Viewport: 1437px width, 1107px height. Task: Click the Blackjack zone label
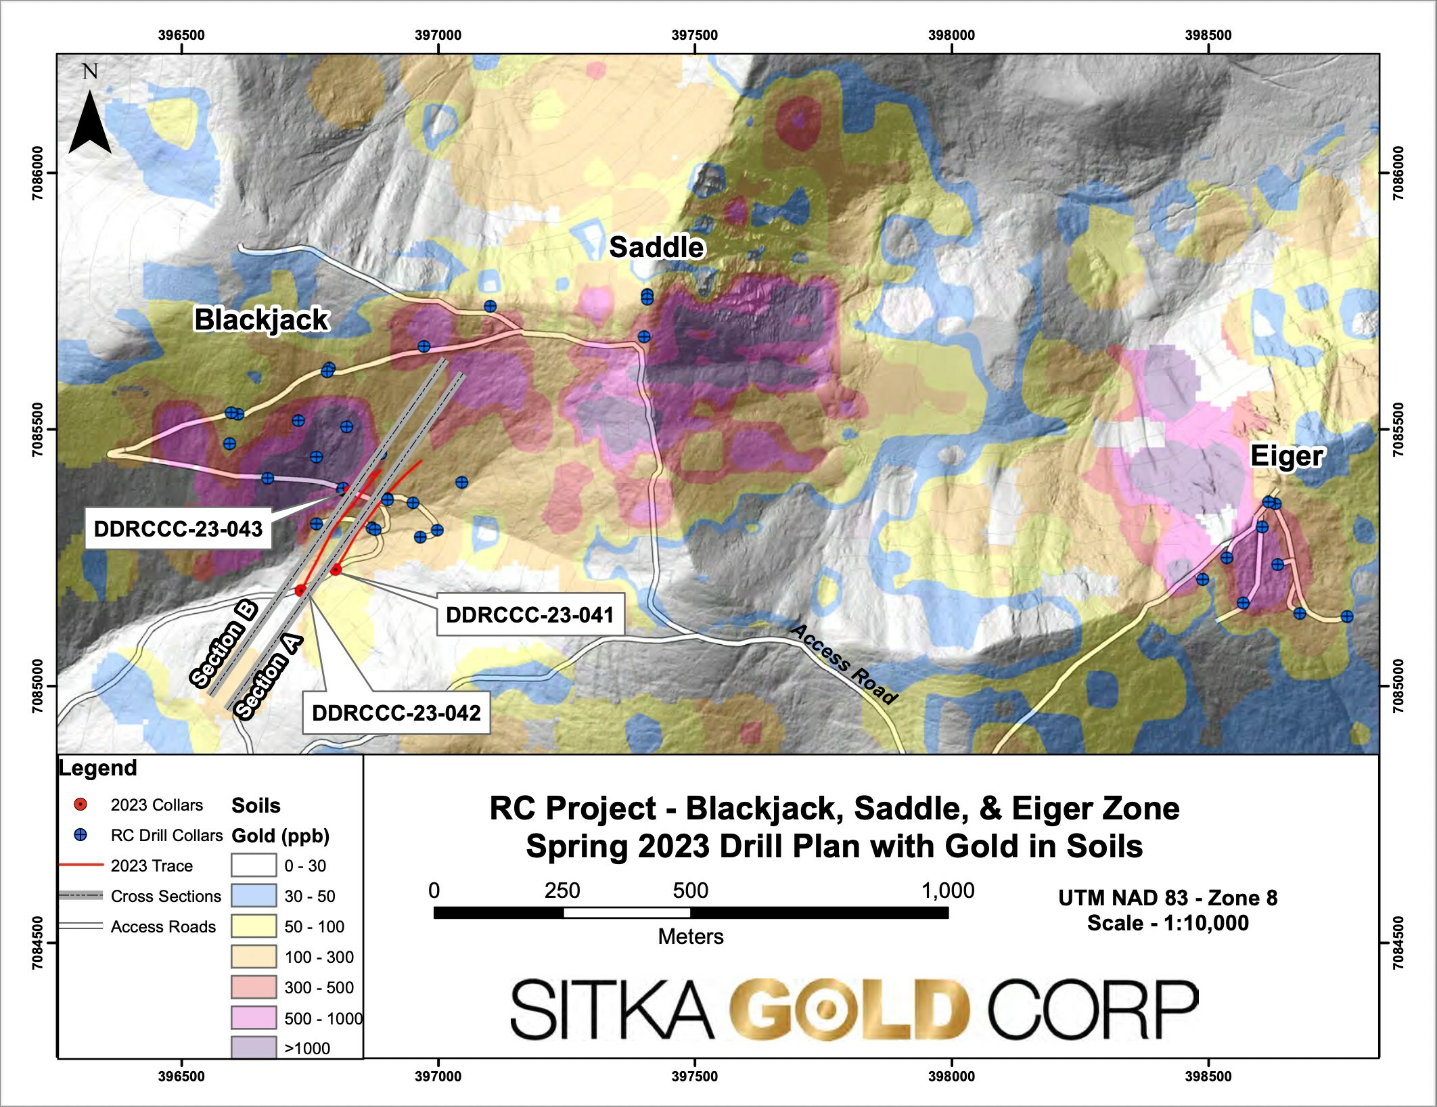click(261, 319)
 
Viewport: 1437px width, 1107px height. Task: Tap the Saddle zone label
click(656, 247)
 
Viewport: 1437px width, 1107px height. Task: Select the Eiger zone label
click(1286, 456)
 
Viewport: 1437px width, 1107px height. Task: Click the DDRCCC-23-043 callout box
click(178, 529)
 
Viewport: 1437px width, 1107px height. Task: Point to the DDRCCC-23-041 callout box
click(530, 615)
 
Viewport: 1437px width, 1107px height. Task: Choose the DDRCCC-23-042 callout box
click(396, 713)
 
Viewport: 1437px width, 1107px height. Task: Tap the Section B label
click(224, 643)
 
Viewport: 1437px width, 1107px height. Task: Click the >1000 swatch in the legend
click(254, 1047)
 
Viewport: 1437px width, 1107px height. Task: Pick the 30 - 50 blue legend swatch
click(254, 896)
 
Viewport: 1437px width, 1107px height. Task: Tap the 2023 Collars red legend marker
click(81, 805)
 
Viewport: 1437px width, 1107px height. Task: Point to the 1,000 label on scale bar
click(947, 890)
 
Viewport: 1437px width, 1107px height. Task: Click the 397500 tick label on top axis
click(695, 35)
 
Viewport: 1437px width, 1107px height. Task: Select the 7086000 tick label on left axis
click(38, 173)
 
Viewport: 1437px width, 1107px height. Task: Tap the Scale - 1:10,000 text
click(1168, 923)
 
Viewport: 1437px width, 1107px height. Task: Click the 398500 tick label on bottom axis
click(1208, 1076)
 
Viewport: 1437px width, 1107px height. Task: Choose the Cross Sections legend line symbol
click(81, 896)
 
